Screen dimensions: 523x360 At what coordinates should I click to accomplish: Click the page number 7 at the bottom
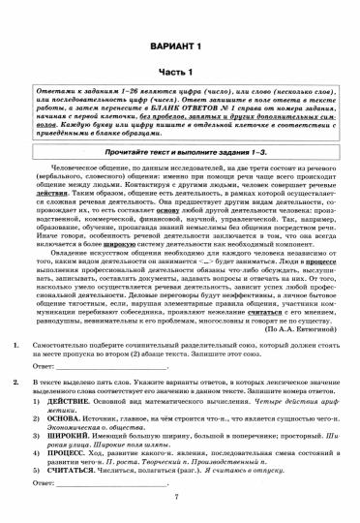pos(179,513)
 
